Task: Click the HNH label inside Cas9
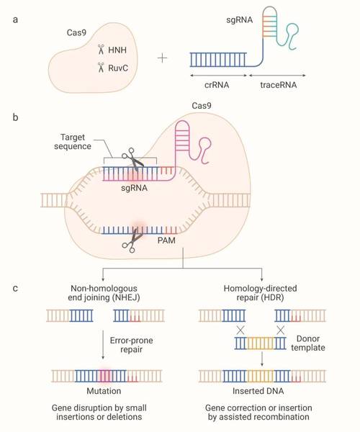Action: pyautogui.click(x=117, y=50)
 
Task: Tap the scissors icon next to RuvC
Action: pyautogui.click(x=101, y=68)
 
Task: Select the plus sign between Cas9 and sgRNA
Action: pyautogui.click(x=162, y=58)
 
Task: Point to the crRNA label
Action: pyautogui.click(x=217, y=85)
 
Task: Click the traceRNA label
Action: pyautogui.click(x=279, y=85)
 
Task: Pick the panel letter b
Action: pyautogui.click(x=15, y=117)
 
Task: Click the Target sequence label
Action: pyautogui.click(x=73, y=142)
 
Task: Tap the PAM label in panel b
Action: pyautogui.click(x=166, y=240)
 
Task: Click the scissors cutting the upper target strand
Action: pyautogui.click(x=132, y=159)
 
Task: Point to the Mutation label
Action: pyautogui.click(x=104, y=391)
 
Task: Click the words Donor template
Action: pyautogui.click(x=308, y=343)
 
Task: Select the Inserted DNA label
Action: pyautogui.click(x=258, y=391)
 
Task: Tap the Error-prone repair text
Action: pyautogui.click(x=131, y=345)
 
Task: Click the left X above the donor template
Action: pyautogui.click(x=240, y=330)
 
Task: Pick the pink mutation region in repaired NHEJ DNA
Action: pyautogui.click(x=105, y=376)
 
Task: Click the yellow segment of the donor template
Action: pyautogui.click(x=261, y=343)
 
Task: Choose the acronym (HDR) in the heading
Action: pyautogui.click(x=271, y=297)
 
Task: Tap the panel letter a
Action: pyautogui.click(x=15, y=20)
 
